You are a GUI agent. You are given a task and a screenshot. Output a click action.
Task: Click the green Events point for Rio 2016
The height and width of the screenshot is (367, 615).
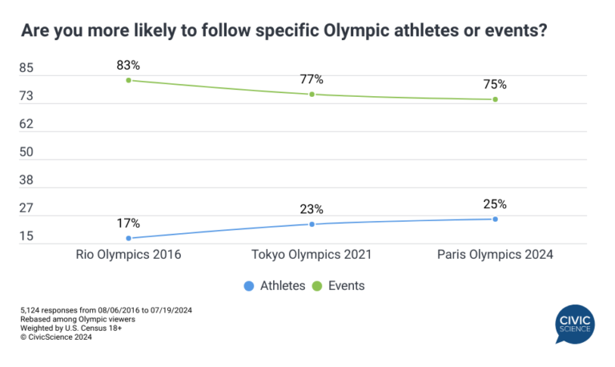pyautogui.click(x=128, y=80)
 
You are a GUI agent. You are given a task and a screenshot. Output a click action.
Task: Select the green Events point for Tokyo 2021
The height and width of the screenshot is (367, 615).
pyautogui.click(x=312, y=95)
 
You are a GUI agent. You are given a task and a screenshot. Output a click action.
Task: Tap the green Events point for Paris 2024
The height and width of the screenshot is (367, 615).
pyautogui.click(x=495, y=99)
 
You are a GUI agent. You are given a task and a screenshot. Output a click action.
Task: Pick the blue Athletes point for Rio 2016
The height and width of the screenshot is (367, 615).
pyautogui.click(x=128, y=238)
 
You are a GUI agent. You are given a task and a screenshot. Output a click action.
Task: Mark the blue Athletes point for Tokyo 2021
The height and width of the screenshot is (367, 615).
pyautogui.click(x=312, y=224)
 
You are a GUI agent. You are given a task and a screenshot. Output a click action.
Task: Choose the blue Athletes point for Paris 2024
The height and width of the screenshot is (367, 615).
pyautogui.click(x=495, y=219)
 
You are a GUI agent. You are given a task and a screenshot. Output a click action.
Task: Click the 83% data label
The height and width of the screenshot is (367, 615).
pyautogui.click(x=128, y=64)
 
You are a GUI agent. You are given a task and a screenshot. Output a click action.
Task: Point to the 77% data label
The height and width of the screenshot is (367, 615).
pyautogui.click(x=312, y=79)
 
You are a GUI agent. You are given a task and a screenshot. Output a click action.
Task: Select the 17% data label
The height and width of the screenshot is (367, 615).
pyautogui.click(x=128, y=223)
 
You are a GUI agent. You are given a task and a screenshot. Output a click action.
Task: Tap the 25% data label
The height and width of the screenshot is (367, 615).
pyautogui.click(x=495, y=204)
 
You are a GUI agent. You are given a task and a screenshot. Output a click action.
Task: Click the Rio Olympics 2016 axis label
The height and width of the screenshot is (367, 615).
pyautogui.click(x=128, y=255)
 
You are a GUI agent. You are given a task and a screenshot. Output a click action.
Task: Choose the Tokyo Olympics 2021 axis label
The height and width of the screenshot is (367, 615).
pyautogui.click(x=312, y=255)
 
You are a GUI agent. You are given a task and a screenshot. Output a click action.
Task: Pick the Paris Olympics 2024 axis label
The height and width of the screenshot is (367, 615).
pyautogui.click(x=495, y=255)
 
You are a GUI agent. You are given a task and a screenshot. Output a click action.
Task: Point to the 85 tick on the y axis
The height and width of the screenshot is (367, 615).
pyautogui.click(x=26, y=69)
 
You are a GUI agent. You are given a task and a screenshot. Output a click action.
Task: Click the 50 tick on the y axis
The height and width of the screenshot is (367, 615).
pyautogui.click(x=26, y=152)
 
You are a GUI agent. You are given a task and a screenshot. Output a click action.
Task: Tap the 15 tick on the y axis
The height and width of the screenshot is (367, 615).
pyautogui.click(x=26, y=236)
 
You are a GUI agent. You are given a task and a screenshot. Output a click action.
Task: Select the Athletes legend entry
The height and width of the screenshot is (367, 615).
pyautogui.click(x=274, y=285)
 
